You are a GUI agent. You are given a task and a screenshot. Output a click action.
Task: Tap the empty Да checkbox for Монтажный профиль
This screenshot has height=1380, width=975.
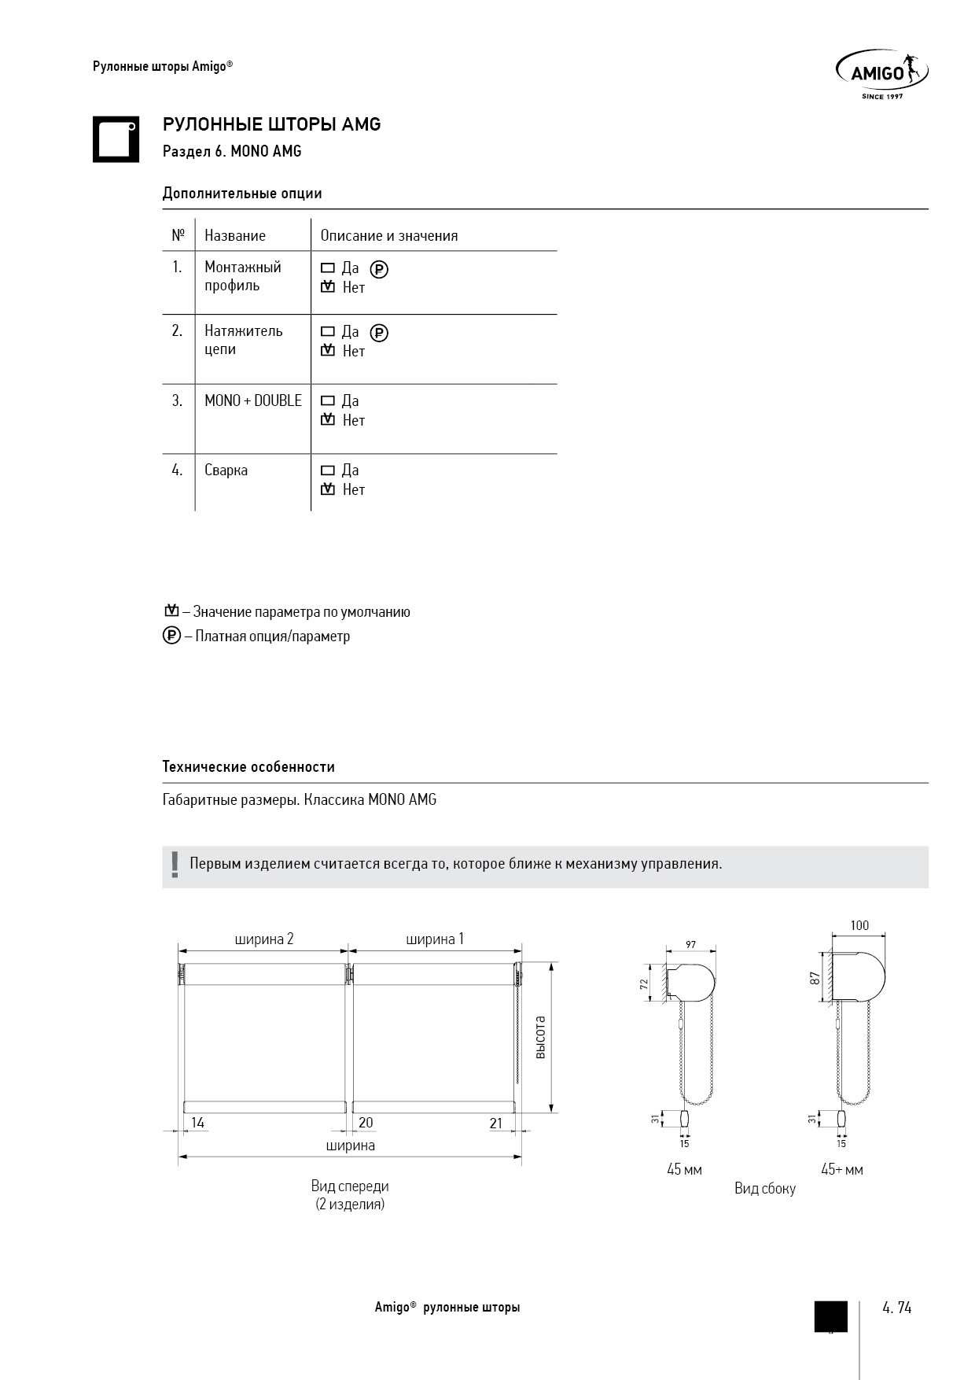[x=328, y=268]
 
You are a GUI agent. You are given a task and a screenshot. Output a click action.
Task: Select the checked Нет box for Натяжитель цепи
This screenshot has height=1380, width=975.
[x=328, y=351]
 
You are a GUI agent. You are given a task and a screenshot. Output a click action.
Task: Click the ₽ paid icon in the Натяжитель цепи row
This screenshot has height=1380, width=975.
[x=379, y=333]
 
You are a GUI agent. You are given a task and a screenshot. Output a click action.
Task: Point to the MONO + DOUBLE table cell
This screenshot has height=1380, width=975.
[x=252, y=401]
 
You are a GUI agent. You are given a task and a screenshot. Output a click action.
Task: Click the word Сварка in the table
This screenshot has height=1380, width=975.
[x=226, y=470]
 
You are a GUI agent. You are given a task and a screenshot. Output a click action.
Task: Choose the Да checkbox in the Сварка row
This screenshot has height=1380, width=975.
[x=328, y=470]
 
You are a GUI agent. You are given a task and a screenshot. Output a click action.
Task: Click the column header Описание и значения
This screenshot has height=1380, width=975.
[x=388, y=236]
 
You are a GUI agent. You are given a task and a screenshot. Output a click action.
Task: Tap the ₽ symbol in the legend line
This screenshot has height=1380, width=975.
[x=171, y=636]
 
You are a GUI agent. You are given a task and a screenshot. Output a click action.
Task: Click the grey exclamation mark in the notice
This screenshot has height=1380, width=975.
[x=175, y=865]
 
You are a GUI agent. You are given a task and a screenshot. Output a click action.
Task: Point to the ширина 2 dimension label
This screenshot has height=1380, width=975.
[x=264, y=939]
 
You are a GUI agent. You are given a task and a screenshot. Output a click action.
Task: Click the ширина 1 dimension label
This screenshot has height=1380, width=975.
[x=435, y=939]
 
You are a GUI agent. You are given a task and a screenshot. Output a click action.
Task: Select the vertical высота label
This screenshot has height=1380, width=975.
[x=540, y=1037]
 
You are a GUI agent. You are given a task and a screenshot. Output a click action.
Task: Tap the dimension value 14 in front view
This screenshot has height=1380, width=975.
[x=197, y=1124]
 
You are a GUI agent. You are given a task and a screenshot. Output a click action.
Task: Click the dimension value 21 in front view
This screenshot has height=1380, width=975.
[x=496, y=1124]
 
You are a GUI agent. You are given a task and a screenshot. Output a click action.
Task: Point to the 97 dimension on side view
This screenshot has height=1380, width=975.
[x=690, y=945]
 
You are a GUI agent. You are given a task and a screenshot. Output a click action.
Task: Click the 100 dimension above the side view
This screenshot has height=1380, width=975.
[x=859, y=926]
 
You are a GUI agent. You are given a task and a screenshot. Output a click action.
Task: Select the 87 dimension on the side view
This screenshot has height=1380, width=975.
[x=815, y=978]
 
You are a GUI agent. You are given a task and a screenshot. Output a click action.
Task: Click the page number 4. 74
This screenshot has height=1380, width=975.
[x=896, y=1308]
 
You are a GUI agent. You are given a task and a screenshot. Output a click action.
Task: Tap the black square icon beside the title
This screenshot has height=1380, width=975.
[x=116, y=139]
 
